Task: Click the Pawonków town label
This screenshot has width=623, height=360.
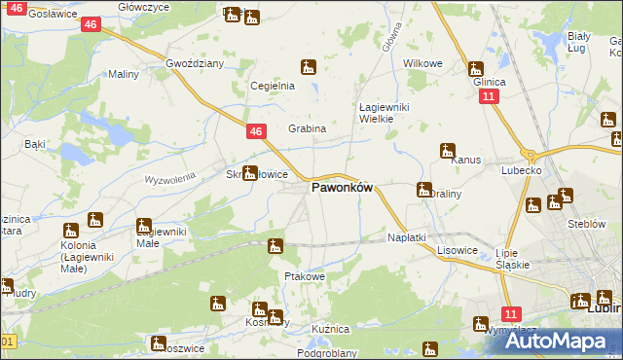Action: coord(342,189)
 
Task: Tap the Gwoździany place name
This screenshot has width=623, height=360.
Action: coord(195,63)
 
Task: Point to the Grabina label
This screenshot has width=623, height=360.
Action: coord(307,128)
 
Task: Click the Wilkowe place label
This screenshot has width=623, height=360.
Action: coord(423,63)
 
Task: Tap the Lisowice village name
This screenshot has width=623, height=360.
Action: coord(457,249)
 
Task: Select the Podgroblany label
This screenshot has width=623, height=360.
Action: coord(327,353)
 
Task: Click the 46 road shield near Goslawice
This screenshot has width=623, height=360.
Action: coord(90,23)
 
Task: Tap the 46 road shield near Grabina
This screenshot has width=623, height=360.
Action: coord(255,130)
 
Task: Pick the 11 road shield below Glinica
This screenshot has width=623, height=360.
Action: coord(490,97)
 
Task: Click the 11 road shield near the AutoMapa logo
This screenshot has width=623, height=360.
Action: coord(512,313)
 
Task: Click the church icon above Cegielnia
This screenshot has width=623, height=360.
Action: coord(308,67)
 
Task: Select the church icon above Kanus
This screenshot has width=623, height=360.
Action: coord(447,151)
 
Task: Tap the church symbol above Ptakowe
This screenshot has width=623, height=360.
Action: coord(275,246)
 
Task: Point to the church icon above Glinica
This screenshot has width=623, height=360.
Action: coord(475,68)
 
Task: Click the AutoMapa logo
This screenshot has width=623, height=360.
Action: coord(560,341)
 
